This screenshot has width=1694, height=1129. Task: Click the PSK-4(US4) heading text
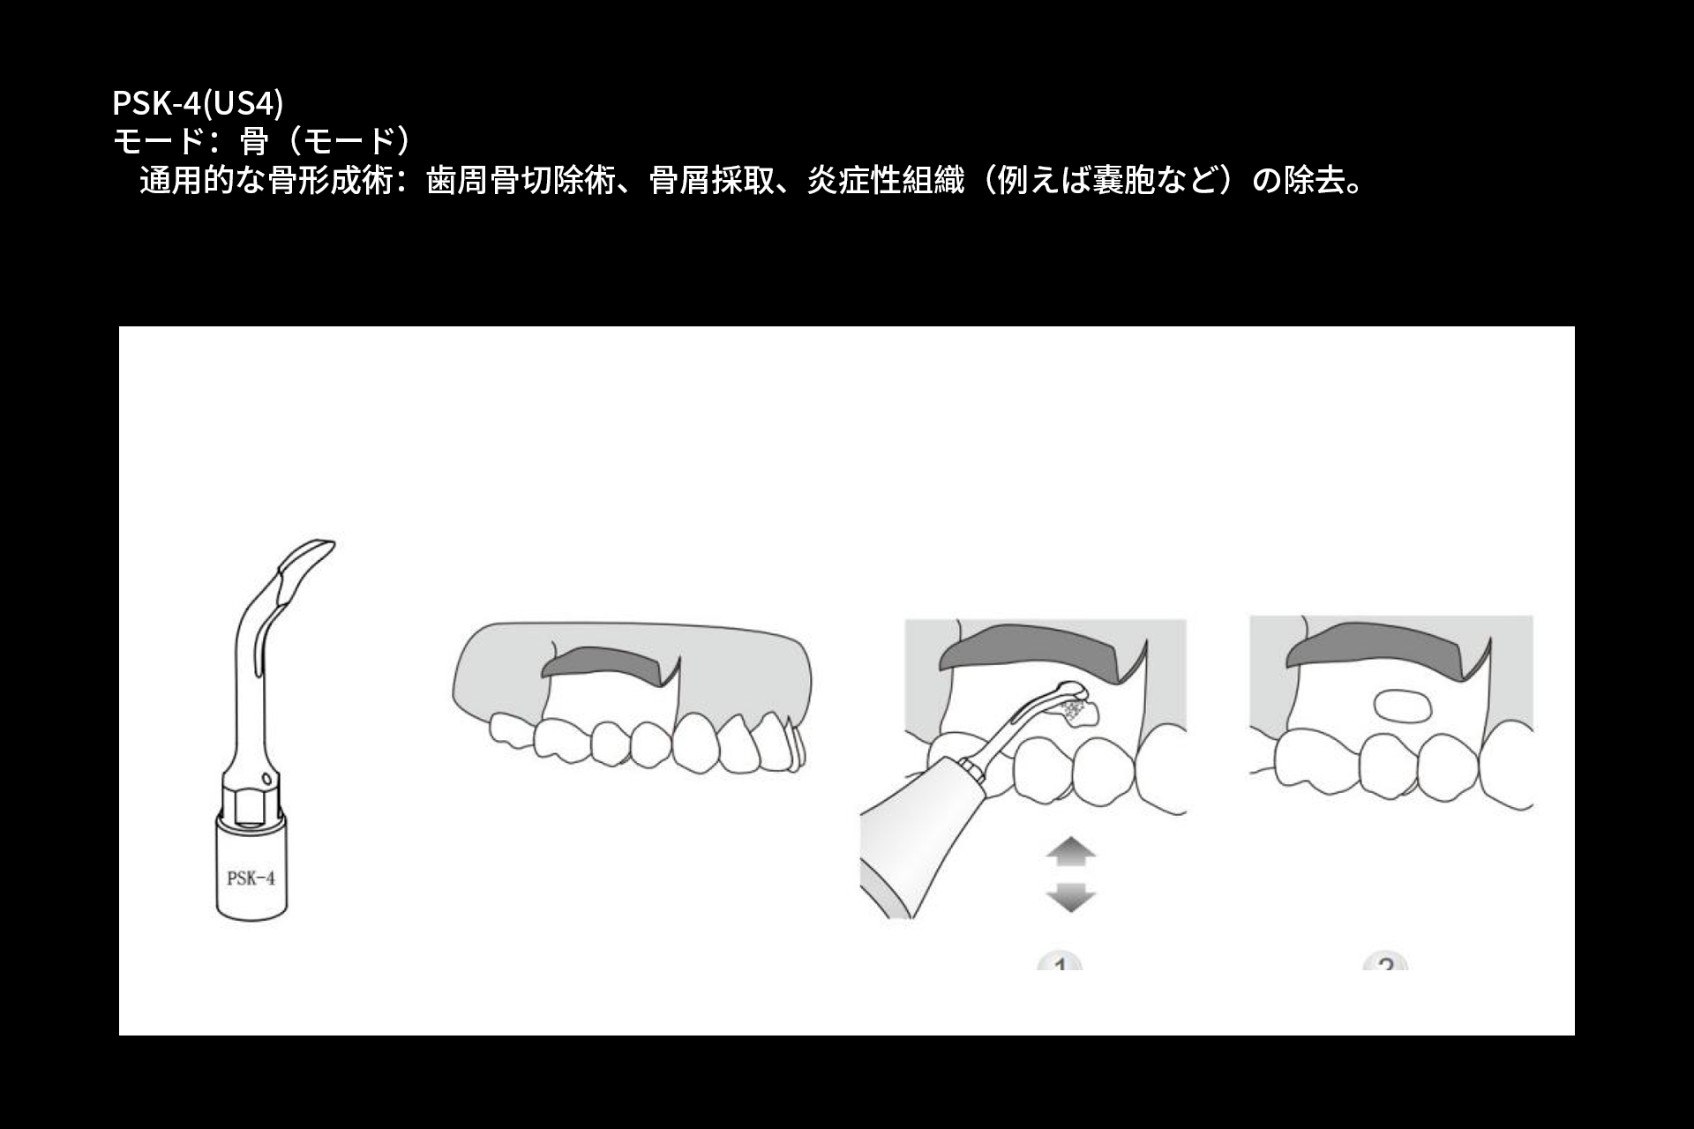(x=197, y=103)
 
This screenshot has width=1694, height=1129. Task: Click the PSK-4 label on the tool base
(x=251, y=879)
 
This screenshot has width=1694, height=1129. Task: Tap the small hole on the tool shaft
(x=266, y=777)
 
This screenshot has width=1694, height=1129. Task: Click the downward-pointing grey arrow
(x=1070, y=897)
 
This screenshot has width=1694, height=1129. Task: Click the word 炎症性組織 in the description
(x=885, y=181)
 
